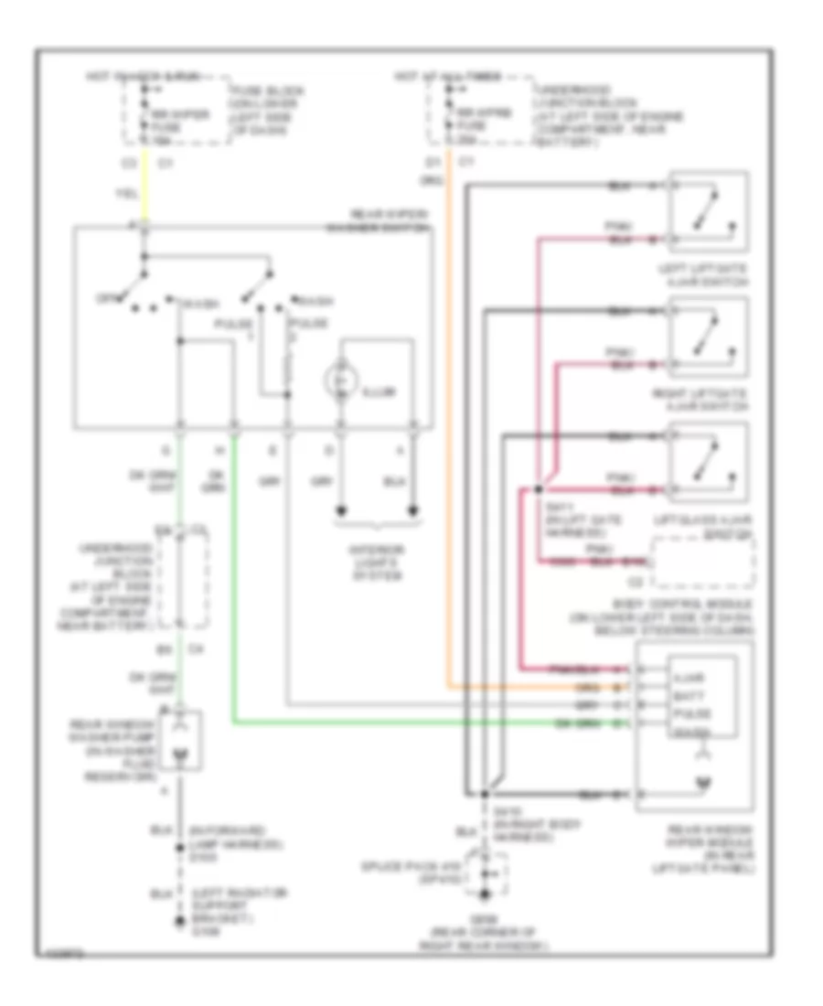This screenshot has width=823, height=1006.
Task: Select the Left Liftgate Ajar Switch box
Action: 709,211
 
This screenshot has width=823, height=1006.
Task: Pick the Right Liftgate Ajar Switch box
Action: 709,337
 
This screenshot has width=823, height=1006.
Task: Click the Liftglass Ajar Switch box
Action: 709,463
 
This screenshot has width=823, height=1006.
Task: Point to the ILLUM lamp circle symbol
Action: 341,379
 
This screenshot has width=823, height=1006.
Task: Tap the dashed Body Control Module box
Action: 702,563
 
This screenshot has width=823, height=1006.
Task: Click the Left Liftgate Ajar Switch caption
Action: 709,272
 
